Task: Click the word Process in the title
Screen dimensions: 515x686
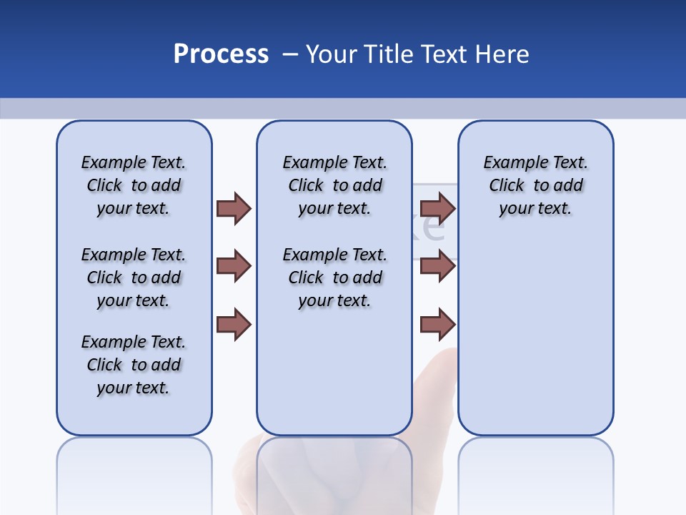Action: (221, 54)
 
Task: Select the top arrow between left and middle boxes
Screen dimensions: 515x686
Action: (234, 208)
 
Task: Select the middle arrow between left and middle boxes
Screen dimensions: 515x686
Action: (234, 267)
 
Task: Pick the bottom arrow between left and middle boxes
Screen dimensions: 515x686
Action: (234, 325)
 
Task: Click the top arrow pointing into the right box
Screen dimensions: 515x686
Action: (437, 208)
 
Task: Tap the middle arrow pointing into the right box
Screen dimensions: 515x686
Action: (437, 267)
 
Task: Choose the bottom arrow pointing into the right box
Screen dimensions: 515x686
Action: (437, 325)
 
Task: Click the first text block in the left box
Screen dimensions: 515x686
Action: (134, 185)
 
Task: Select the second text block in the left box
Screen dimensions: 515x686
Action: (134, 278)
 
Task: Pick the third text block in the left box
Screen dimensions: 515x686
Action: (134, 365)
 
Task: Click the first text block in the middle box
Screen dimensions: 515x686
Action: (334, 185)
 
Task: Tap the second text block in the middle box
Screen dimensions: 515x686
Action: (334, 278)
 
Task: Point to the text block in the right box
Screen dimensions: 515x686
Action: (535, 185)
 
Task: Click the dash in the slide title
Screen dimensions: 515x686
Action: (290, 54)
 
